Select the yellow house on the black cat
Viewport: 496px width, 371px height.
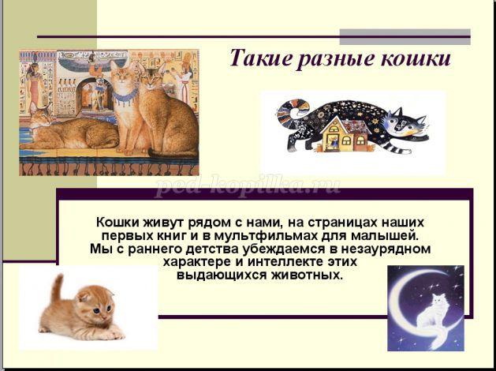tap(345, 134)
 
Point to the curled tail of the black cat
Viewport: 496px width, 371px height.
tap(293, 114)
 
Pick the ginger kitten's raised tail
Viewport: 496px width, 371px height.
tap(57, 288)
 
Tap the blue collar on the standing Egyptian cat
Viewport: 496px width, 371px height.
tap(125, 96)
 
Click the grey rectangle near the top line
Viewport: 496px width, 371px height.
tap(405, 37)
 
